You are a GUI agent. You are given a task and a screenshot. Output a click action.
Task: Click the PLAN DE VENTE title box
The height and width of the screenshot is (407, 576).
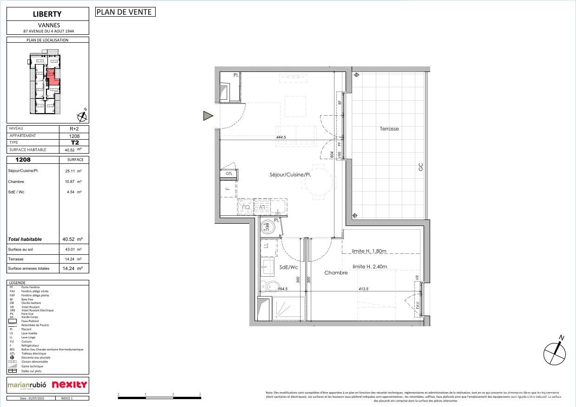[x=125, y=12]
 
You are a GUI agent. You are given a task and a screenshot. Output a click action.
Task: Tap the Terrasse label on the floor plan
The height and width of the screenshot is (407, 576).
[x=389, y=129]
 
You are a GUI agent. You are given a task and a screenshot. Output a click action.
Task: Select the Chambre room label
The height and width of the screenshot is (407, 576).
[x=336, y=273]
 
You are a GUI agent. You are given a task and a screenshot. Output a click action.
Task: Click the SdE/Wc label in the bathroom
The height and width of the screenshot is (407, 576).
[x=288, y=267]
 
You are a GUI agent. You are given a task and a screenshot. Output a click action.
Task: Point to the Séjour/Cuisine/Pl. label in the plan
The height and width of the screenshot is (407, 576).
[x=290, y=175]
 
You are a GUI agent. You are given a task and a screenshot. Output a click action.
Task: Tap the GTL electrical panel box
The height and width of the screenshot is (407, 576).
[x=229, y=174]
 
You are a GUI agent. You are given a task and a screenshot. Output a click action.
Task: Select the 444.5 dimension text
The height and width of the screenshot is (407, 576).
[x=281, y=137]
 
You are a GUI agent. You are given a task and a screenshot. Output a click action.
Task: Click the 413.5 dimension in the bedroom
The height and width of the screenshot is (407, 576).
[x=363, y=289]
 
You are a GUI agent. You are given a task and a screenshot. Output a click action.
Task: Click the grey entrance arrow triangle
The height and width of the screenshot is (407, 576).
[x=208, y=116]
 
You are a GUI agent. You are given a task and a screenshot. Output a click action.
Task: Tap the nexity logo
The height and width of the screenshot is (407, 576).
[x=69, y=384]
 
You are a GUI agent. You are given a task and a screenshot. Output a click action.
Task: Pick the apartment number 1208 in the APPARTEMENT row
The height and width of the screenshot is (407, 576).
[x=74, y=136]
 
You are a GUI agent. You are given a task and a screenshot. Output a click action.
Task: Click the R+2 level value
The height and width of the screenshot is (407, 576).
[x=74, y=129]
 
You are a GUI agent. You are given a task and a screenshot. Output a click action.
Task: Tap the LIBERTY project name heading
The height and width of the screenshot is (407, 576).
[x=47, y=14]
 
